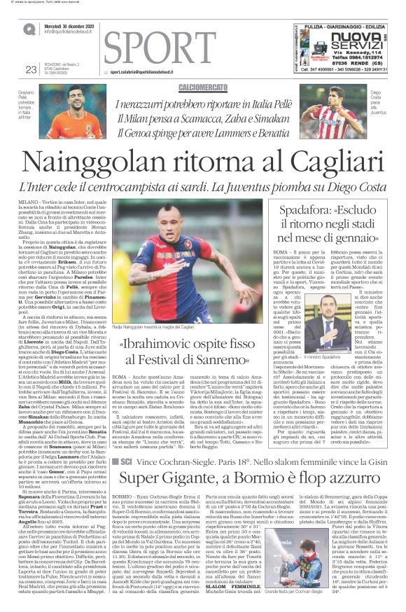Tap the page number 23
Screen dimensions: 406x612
[x=30, y=69]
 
